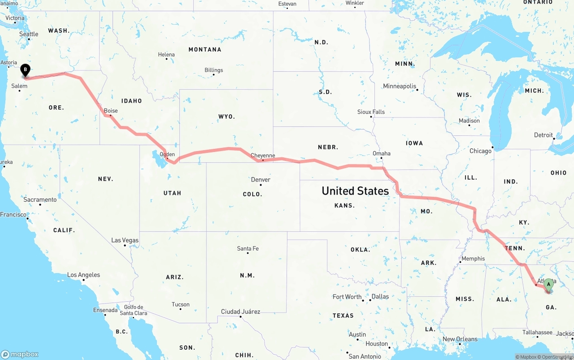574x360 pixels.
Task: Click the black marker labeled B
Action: pyautogui.click(x=26, y=70)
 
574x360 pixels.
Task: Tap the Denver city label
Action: pyautogui.click(x=261, y=180)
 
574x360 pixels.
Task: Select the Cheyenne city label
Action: pyautogui.click(x=263, y=156)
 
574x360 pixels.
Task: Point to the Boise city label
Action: pyautogui.click(x=111, y=111)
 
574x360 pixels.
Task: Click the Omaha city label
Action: pyautogui.click(x=382, y=153)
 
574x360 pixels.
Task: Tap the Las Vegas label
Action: pyautogui.click(x=125, y=240)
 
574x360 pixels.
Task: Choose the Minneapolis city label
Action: pyautogui.click(x=400, y=86)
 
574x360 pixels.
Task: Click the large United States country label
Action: pyautogui.click(x=355, y=191)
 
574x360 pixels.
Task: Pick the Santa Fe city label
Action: pyautogui.click(x=248, y=248)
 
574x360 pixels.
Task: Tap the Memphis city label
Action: pyautogui.click(x=473, y=258)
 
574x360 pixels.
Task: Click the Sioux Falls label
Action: pyautogui.click(x=371, y=112)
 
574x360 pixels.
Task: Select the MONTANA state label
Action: pyautogui.click(x=205, y=49)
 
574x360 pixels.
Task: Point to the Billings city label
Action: pyautogui.click(x=214, y=70)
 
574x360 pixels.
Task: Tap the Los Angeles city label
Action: pyautogui.click(x=83, y=275)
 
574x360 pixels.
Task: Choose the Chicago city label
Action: pyautogui.click(x=480, y=151)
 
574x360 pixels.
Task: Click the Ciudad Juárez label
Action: pyautogui.click(x=240, y=312)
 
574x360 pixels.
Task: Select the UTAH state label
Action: pyautogui.click(x=172, y=193)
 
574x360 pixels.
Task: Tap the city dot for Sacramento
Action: pyautogui.click(x=40, y=205)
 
